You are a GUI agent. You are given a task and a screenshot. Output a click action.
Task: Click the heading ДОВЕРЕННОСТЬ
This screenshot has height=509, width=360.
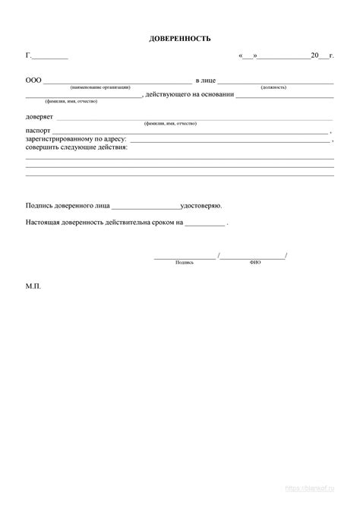[180, 38]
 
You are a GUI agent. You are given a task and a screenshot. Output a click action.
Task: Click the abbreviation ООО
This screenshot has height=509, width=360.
[33, 80]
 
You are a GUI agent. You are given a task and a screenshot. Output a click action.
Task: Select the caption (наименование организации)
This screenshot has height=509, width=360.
[100, 87]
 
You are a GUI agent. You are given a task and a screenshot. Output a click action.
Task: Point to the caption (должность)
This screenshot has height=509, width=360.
[273, 87]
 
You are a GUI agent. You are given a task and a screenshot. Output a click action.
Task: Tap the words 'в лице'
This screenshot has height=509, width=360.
[206, 80]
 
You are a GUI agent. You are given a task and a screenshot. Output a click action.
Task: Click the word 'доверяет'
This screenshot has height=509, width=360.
[39, 116]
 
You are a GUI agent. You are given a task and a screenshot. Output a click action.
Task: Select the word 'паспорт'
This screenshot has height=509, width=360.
[38, 131]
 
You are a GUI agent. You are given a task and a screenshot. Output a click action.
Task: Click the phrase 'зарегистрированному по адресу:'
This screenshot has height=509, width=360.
[76, 139]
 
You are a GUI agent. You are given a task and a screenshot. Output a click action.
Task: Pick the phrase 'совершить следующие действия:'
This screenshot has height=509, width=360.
[77, 147]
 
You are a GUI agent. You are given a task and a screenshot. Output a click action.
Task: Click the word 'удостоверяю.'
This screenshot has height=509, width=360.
[201, 206]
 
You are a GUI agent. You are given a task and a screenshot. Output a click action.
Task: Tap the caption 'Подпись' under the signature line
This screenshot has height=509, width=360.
[185, 262]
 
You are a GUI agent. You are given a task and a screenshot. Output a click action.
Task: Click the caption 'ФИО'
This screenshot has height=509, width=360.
[255, 262]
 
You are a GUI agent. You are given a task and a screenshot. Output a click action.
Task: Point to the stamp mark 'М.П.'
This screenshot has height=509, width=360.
[33, 288]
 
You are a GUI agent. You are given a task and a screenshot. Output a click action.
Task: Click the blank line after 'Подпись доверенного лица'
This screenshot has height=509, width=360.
[146, 207]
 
